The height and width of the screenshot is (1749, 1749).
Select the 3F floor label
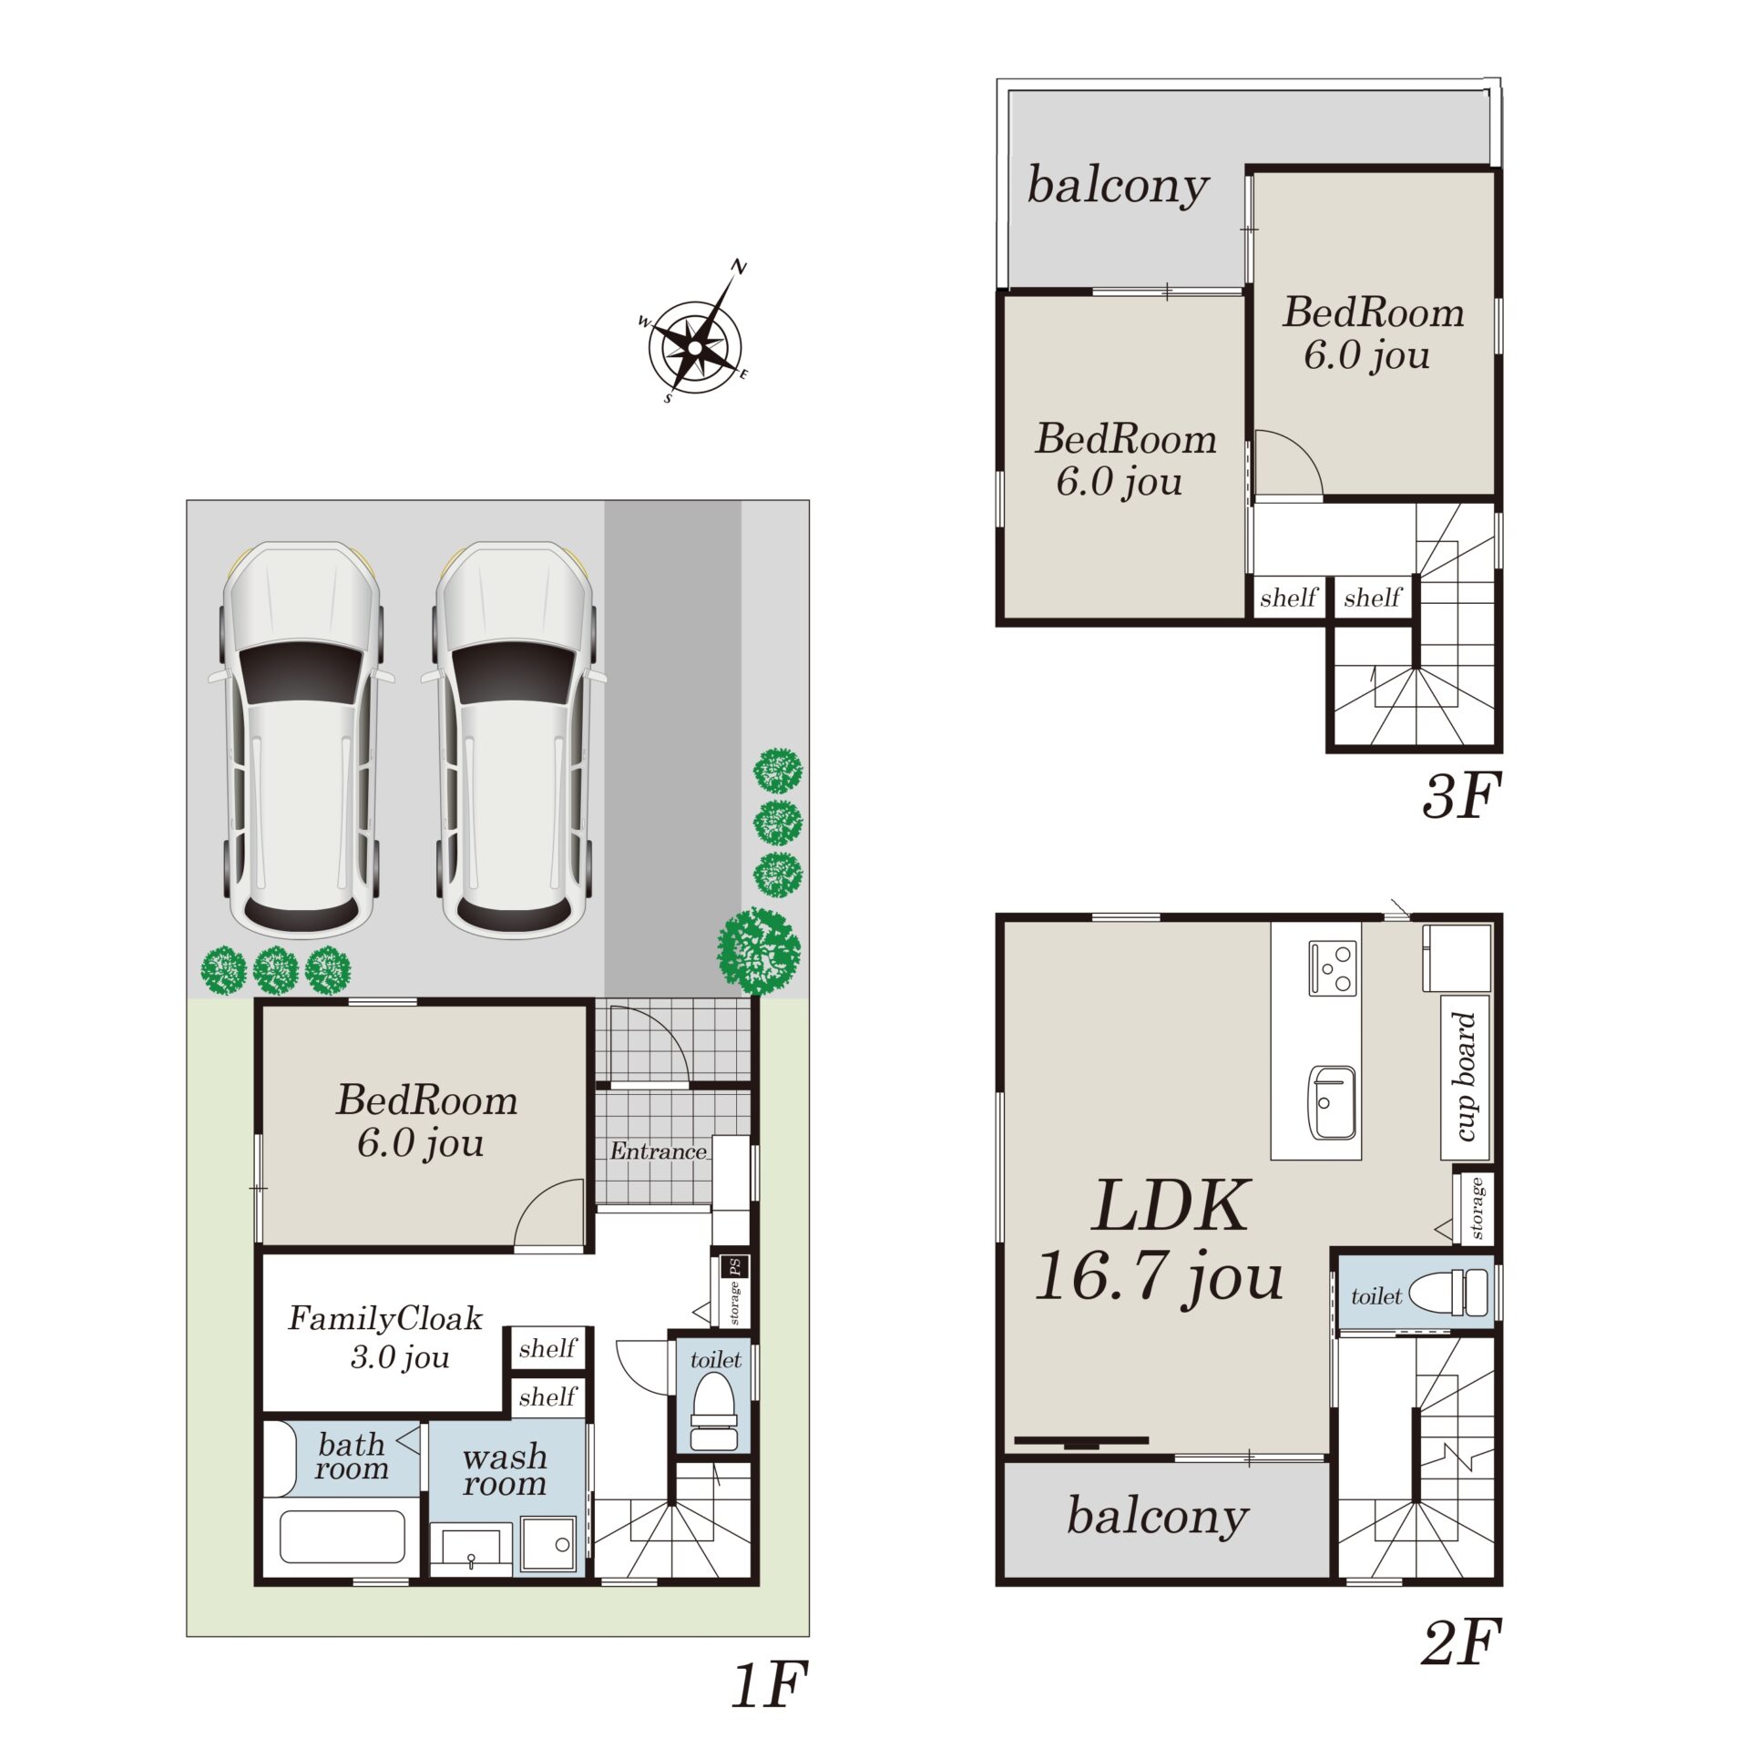pyautogui.click(x=1460, y=795)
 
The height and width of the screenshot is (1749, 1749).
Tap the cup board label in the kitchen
pyautogui.click(x=1464, y=1077)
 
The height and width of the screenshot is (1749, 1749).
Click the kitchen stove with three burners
pyautogui.click(x=1333, y=968)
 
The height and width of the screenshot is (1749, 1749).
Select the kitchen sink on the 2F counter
pyautogui.click(x=1332, y=1102)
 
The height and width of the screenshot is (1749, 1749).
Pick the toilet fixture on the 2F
pyautogui.click(x=1448, y=1294)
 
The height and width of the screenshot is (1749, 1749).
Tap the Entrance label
pyautogui.click(x=658, y=1151)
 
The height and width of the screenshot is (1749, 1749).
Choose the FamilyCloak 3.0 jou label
pyautogui.click(x=386, y=1337)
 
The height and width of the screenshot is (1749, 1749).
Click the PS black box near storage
pyautogui.click(x=735, y=1266)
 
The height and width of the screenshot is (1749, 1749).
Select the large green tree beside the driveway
pyautogui.click(x=759, y=950)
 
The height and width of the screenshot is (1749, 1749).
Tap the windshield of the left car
pyautogui.click(x=300, y=671)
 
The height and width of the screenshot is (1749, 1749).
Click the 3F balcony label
pyautogui.click(x=1118, y=186)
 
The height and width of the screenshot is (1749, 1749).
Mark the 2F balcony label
pyautogui.click(x=1157, y=1516)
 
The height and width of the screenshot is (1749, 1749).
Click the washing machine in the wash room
pyautogui.click(x=549, y=1543)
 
